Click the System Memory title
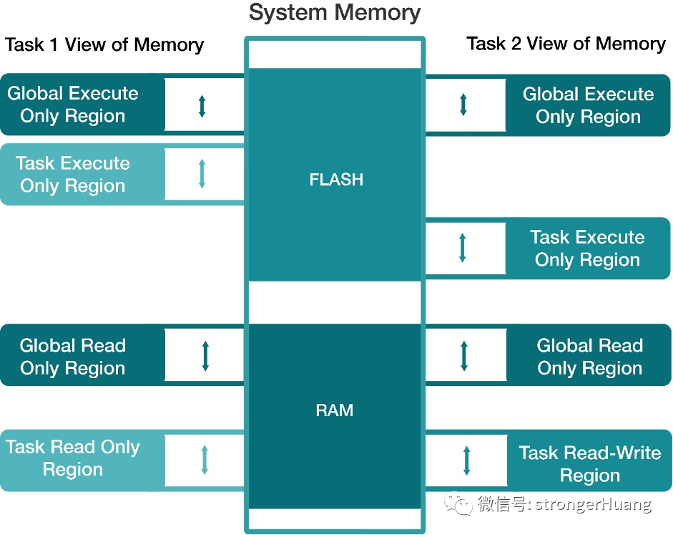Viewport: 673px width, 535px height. pyautogui.click(x=335, y=13)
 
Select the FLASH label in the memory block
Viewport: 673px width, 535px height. pyautogui.click(x=336, y=180)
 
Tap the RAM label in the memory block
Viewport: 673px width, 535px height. pyautogui.click(x=335, y=411)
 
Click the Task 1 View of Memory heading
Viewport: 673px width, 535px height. pyautogui.click(x=104, y=45)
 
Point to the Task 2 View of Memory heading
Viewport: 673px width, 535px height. pyautogui.click(x=566, y=44)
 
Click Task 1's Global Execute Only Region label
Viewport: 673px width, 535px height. pyautogui.click(x=73, y=105)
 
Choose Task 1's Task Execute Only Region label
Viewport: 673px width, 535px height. pyautogui.click(x=73, y=175)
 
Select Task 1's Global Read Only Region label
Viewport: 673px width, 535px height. pyautogui.click(x=73, y=357)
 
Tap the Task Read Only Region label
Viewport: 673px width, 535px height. pyautogui.click(x=73, y=458)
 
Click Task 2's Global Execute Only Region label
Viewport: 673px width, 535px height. pyautogui.click(x=588, y=105)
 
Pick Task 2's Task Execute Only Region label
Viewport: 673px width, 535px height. pyautogui.click(x=587, y=249)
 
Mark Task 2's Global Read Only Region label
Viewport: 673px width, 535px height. pyautogui.click(x=589, y=357)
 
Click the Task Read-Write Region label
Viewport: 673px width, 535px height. pyautogui.click(x=589, y=464)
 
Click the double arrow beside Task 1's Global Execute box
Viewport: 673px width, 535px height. pyautogui.click(x=202, y=105)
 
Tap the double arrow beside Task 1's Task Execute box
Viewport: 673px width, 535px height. pyautogui.click(x=202, y=174)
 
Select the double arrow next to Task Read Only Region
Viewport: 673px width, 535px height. pyautogui.click(x=205, y=460)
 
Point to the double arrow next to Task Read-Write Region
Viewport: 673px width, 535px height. pyautogui.click(x=467, y=460)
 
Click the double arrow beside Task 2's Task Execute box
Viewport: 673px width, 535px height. pyautogui.click(x=463, y=247)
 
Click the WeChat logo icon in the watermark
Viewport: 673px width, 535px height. pyautogui.click(x=458, y=504)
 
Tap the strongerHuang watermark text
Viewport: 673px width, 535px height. pyautogui.click(x=565, y=504)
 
